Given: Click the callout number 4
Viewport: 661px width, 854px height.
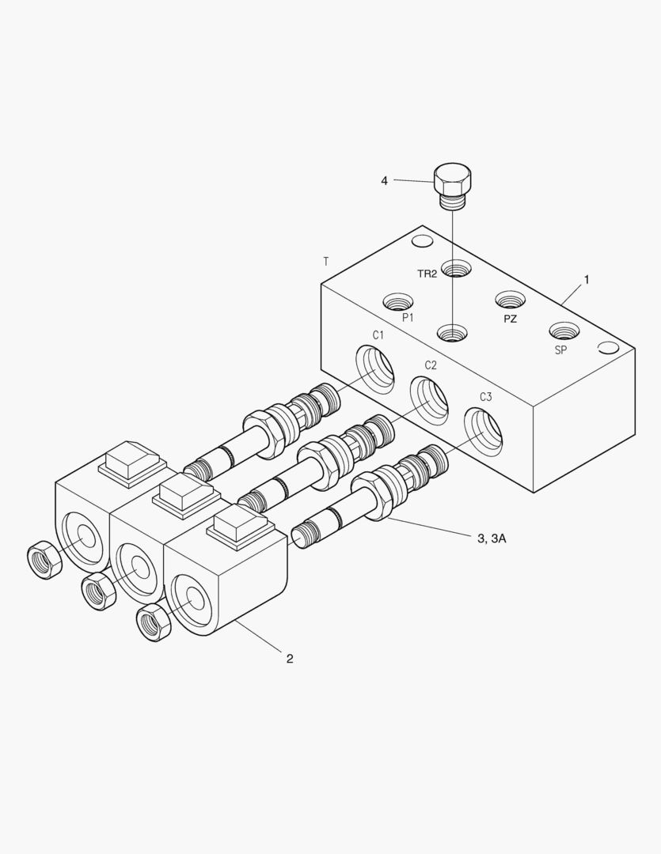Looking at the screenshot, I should (385, 181).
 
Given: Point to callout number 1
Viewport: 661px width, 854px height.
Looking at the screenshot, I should (587, 279).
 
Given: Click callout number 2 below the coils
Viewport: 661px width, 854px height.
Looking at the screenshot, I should (290, 658).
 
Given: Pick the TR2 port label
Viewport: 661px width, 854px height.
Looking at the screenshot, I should (427, 274).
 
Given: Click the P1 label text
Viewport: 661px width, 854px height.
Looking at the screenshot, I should (408, 317).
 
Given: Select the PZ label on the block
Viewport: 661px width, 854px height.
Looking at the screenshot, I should (511, 319).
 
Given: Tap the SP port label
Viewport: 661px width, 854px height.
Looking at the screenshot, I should (560, 350).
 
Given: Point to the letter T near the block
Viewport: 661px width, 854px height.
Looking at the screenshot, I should (326, 260).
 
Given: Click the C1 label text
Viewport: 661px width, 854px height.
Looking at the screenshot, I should (379, 335).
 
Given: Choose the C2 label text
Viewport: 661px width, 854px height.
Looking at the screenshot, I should (431, 365).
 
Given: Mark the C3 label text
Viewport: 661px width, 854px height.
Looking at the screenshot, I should (485, 397).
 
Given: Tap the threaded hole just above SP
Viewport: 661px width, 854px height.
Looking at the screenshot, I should (564, 331).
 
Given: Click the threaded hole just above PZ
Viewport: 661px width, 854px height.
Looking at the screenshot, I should (510, 299).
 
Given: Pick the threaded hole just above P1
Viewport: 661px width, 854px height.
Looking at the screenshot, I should (398, 301).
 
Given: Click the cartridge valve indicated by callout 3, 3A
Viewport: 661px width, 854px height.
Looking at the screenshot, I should (372, 499).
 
